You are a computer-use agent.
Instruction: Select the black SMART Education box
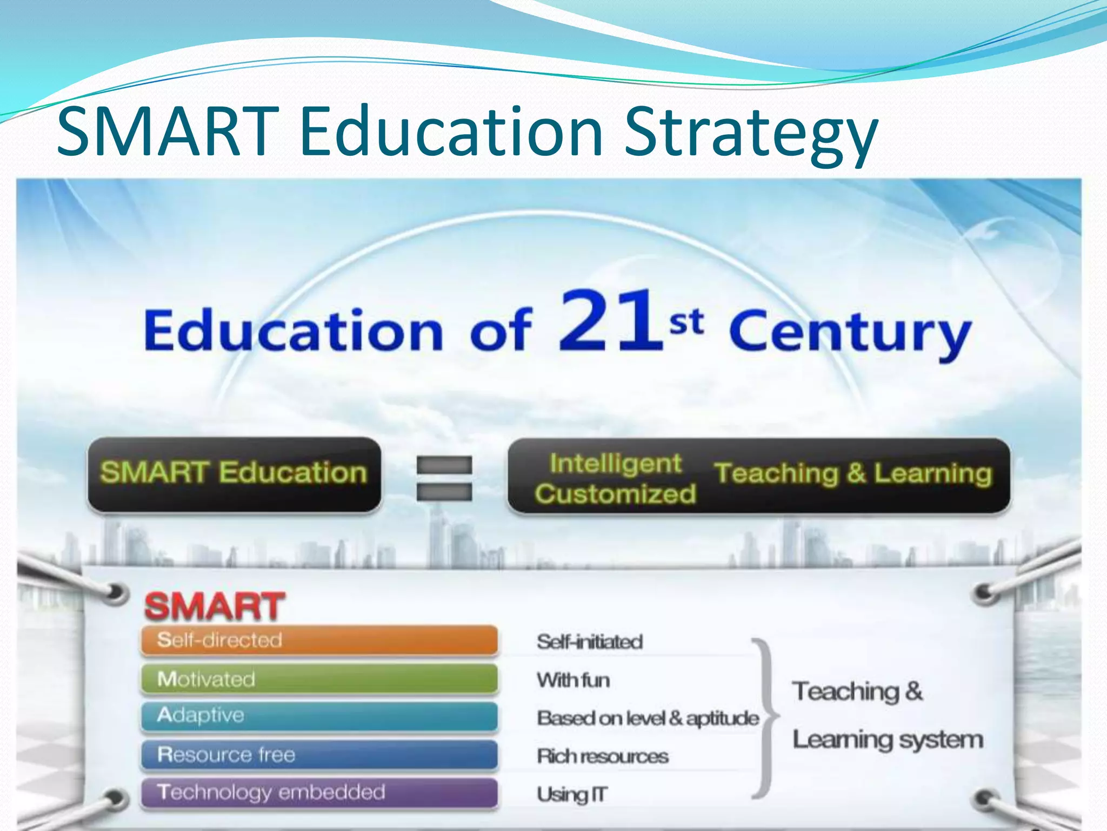[x=234, y=474]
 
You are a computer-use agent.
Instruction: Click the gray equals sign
[x=444, y=478]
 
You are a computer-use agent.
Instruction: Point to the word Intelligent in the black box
[x=616, y=464]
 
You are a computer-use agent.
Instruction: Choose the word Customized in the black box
[x=615, y=494]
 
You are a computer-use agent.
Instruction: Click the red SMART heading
[x=214, y=606]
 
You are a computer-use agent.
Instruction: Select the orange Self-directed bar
[x=319, y=641]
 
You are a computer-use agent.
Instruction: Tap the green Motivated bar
[x=319, y=679]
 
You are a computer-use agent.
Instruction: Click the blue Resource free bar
[x=319, y=755]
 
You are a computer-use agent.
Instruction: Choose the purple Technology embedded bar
[x=319, y=793]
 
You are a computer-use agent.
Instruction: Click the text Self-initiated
[x=590, y=642]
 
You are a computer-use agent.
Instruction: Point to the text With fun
[x=573, y=680]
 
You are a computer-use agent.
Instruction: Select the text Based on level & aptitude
[x=648, y=718]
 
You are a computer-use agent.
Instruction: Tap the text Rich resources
[x=602, y=756]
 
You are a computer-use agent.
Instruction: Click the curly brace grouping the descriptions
[x=766, y=717]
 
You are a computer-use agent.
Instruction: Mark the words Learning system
[x=887, y=740]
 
